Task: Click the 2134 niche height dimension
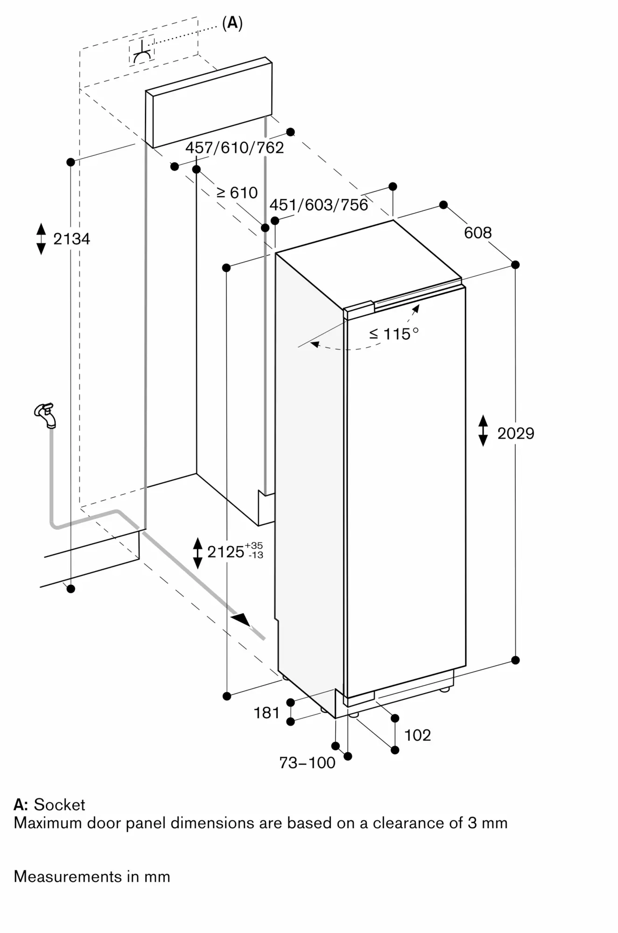[x=71, y=239]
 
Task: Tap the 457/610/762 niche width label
[x=235, y=148]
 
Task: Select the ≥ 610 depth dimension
[x=237, y=193]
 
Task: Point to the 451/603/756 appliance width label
[x=319, y=205]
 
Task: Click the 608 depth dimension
[x=478, y=232]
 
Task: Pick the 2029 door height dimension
[x=515, y=433]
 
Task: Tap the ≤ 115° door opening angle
[x=394, y=334]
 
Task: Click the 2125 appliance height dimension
[x=235, y=551]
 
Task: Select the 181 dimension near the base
[x=266, y=713]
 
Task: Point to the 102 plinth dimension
[x=417, y=735]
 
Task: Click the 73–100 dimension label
[x=307, y=763]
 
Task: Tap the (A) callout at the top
[x=232, y=23]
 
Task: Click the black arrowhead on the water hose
[x=242, y=620]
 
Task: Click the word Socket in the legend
[x=59, y=805]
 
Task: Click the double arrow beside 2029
[x=483, y=431]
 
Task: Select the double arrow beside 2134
[x=41, y=239]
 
